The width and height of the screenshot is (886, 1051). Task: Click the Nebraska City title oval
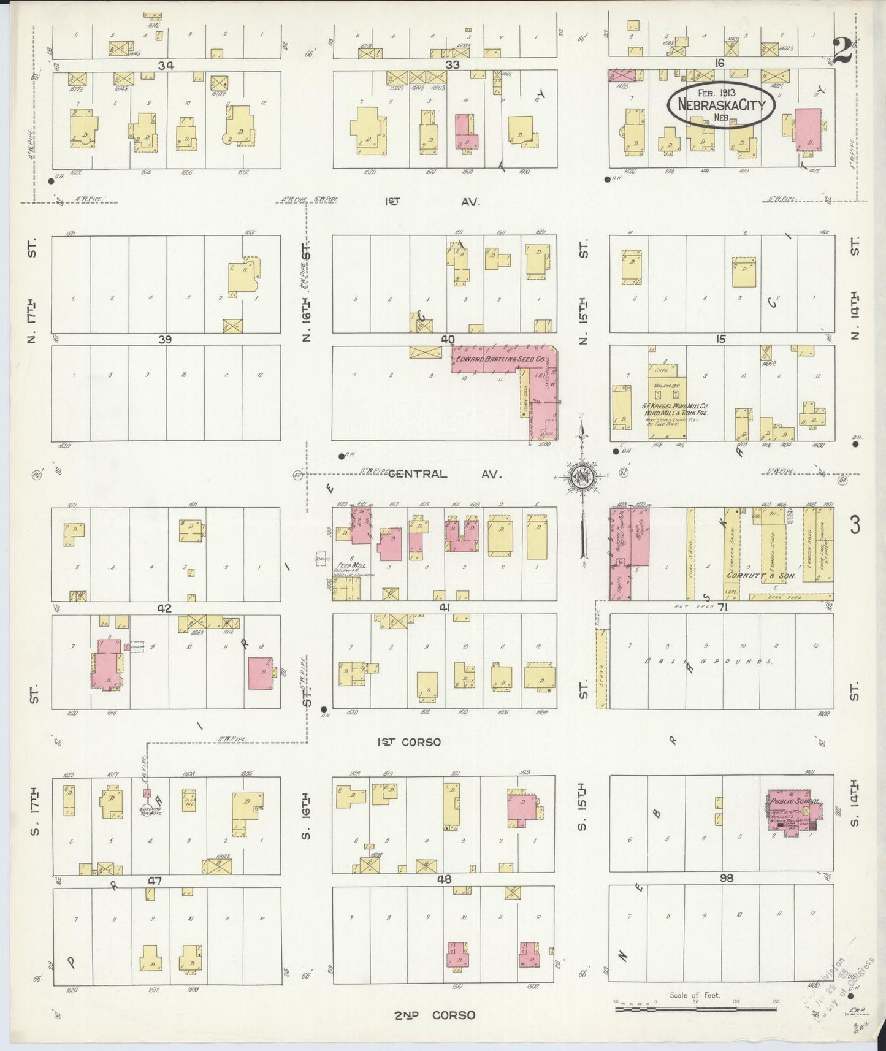721,105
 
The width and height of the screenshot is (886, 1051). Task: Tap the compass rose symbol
580,476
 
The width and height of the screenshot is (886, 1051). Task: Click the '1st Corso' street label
409,742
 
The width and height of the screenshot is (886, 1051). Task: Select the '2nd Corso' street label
434,1015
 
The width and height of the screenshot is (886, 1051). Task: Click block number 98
727,879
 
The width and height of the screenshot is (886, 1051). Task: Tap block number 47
155,881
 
